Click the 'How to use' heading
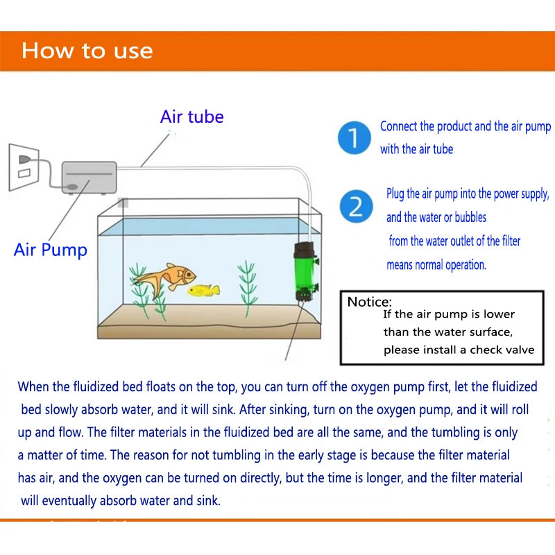[87, 51]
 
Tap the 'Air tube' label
[192, 117]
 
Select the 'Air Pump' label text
[51, 250]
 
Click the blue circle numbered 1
[354, 139]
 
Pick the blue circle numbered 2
[356, 207]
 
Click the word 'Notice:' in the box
[370, 302]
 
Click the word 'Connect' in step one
[398, 127]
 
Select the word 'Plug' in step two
[395, 194]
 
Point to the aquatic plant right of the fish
[247, 288]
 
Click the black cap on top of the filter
[306, 246]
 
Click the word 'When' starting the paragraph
[34, 386]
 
